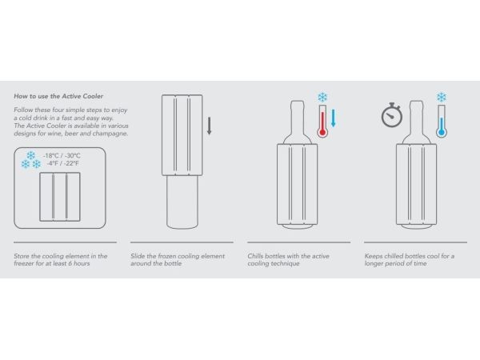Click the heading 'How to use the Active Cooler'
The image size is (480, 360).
point(58,96)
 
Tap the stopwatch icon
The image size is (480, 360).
point(392,115)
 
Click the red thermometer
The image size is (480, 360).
point(322,122)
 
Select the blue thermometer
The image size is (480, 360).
point(442,122)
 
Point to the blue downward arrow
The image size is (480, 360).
point(334,118)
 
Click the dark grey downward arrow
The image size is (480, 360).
point(210,126)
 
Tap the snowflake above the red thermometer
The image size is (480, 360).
point(322,98)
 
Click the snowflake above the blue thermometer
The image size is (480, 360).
point(442,98)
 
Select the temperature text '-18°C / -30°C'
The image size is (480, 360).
point(62,155)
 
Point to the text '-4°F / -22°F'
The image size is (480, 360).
point(62,163)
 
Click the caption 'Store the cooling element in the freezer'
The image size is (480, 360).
point(61,259)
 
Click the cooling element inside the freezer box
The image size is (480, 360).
point(60,197)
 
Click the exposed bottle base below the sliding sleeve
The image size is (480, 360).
point(182,202)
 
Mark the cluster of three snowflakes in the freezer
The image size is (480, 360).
point(31,160)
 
